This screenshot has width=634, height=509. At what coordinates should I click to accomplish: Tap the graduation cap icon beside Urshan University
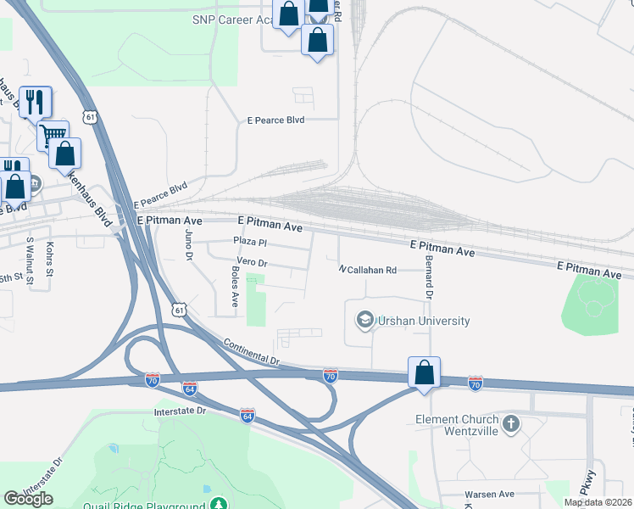pyautogui.click(x=364, y=320)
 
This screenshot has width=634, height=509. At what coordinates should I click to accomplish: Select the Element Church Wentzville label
pyautogui.click(x=456, y=425)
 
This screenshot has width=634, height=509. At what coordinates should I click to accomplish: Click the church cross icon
pyautogui.click(x=510, y=422)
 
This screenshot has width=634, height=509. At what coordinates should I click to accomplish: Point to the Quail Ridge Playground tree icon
pyautogui.click(x=220, y=505)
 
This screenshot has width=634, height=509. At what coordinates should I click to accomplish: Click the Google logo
pyautogui.click(x=28, y=498)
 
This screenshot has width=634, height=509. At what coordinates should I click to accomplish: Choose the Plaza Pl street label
pyautogui.click(x=250, y=242)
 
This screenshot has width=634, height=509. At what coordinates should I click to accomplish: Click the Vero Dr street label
pyautogui.click(x=252, y=263)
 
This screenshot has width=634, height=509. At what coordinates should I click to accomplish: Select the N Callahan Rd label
pyautogui.click(x=368, y=270)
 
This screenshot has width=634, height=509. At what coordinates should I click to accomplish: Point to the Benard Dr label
pyautogui.click(x=429, y=277)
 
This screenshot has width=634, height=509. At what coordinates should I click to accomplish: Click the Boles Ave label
pyautogui.click(x=235, y=286)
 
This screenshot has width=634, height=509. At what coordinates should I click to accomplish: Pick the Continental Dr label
pyautogui.click(x=251, y=354)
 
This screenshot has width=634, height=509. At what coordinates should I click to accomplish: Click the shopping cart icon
pyautogui.click(x=53, y=133)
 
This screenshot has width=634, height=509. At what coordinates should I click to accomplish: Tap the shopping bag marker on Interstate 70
pyautogui.click(x=424, y=372)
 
